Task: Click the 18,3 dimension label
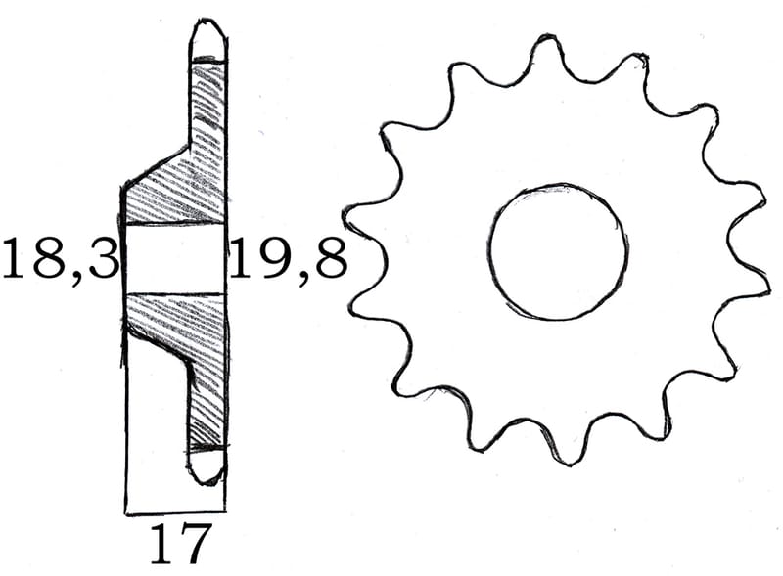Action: (x=61, y=260)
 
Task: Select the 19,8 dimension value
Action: (x=289, y=260)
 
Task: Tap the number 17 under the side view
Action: (x=180, y=545)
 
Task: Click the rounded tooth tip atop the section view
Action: (x=207, y=36)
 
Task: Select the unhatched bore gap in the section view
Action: (x=174, y=259)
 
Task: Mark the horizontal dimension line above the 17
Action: (x=176, y=511)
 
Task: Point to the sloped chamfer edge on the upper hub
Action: (x=157, y=164)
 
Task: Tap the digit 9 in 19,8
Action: (x=263, y=260)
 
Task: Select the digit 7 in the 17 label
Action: (x=196, y=545)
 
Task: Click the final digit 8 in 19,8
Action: (x=329, y=260)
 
